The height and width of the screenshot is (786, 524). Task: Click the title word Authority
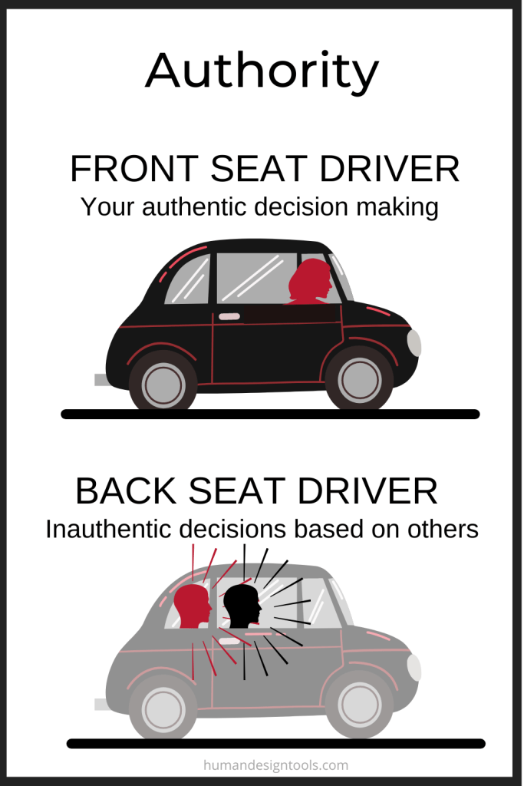262,71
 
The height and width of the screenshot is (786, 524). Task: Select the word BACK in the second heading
126,490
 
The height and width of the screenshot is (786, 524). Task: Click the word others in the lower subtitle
443,529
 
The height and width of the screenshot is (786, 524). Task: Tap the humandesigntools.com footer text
276,765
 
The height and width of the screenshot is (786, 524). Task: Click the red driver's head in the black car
311,282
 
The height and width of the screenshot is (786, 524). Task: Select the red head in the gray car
193,606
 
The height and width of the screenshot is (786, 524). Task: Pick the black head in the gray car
242,606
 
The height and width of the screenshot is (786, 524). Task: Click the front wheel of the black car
359,379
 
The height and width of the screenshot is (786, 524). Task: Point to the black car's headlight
414,343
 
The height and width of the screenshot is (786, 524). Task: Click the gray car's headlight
414,668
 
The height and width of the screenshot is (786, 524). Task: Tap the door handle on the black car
229,316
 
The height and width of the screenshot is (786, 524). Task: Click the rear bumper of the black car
101,379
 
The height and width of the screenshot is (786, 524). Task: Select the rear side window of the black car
188,280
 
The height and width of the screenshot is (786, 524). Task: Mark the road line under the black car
271,414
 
